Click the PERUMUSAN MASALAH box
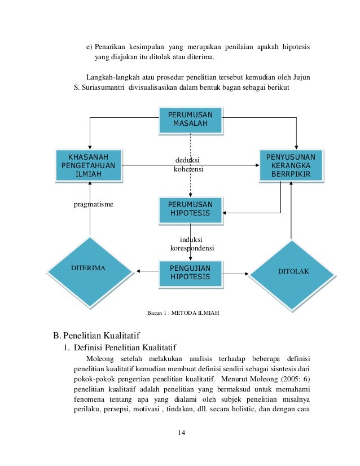(x=190, y=119)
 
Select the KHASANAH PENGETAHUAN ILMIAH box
(x=89, y=165)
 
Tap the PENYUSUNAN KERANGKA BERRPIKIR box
(x=291, y=165)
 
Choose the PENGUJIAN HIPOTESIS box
(x=190, y=272)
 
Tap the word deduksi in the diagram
(x=188, y=160)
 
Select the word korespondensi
(x=192, y=248)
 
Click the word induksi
(x=192, y=239)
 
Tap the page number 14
(x=181, y=432)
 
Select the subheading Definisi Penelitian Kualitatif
(x=129, y=348)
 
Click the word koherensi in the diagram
(x=188, y=169)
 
